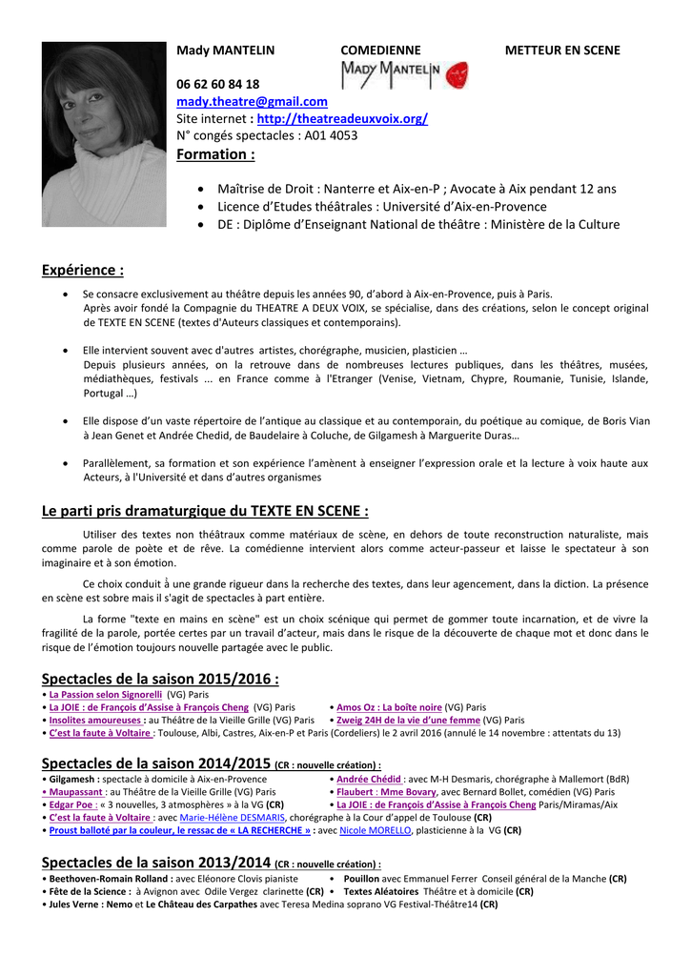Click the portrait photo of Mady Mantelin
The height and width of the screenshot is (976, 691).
(x=91, y=120)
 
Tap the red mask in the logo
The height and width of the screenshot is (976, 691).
(x=457, y=75)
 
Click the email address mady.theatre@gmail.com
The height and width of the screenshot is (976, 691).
(x=252, y=101)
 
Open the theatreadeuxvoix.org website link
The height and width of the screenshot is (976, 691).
(x=342, y=118)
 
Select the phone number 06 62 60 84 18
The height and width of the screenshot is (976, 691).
(x=217, y=84)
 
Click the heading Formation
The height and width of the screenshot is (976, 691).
(x=215, y=154)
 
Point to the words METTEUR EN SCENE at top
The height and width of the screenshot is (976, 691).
(x=562, y=50)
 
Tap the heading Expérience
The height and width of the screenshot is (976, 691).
(x=83, y=271)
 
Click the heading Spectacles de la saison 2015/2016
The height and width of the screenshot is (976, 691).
(x=160, y=679)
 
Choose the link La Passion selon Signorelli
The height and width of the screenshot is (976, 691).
(x=106, y=695)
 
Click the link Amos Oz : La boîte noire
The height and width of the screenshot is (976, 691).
(x=389, y=707)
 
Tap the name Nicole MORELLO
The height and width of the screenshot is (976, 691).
(x=376, y=830)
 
